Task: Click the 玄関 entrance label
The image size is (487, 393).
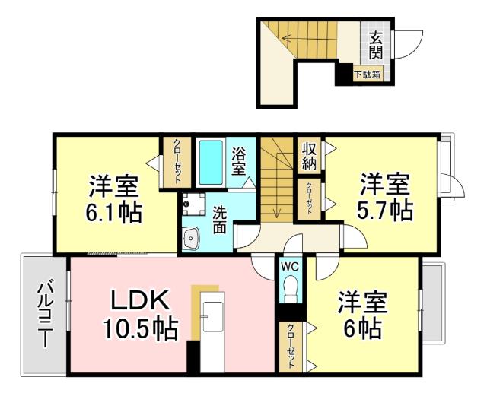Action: [376, 44]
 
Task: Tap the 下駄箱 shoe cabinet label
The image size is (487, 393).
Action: [368, 74]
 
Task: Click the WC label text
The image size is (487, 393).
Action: [289, 267]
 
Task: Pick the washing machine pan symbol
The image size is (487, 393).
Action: [194, 203]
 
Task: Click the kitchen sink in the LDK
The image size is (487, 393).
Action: [212, 319]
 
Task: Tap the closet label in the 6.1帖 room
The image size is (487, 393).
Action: [176, 161]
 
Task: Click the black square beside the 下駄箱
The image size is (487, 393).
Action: [344, 74]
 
